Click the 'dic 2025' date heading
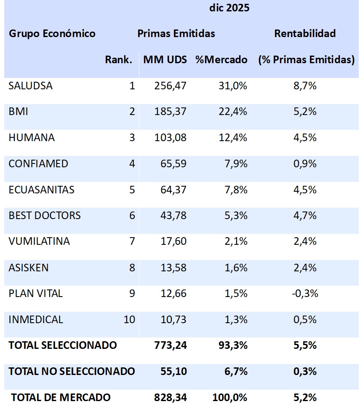click(229, 8)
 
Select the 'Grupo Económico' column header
click(52, 33)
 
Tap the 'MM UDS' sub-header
click(165, 59)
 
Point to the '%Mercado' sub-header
click(221, 59)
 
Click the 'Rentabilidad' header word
click(305, 33)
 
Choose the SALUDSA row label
click(30, 86)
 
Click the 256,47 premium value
click(170, 86)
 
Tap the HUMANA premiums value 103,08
click(170, 137)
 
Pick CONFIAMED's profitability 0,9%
click(305, 163)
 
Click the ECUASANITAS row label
click(41, 190)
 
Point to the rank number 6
click(132, 215)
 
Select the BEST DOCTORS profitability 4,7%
click(305, 215)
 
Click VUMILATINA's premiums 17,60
click(173, 241)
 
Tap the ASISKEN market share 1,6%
click(236, 268)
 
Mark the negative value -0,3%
click(305, 293)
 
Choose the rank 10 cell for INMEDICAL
click(129, 319)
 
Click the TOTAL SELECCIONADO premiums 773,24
click(170, 345)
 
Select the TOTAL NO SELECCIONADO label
click(72, 371)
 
